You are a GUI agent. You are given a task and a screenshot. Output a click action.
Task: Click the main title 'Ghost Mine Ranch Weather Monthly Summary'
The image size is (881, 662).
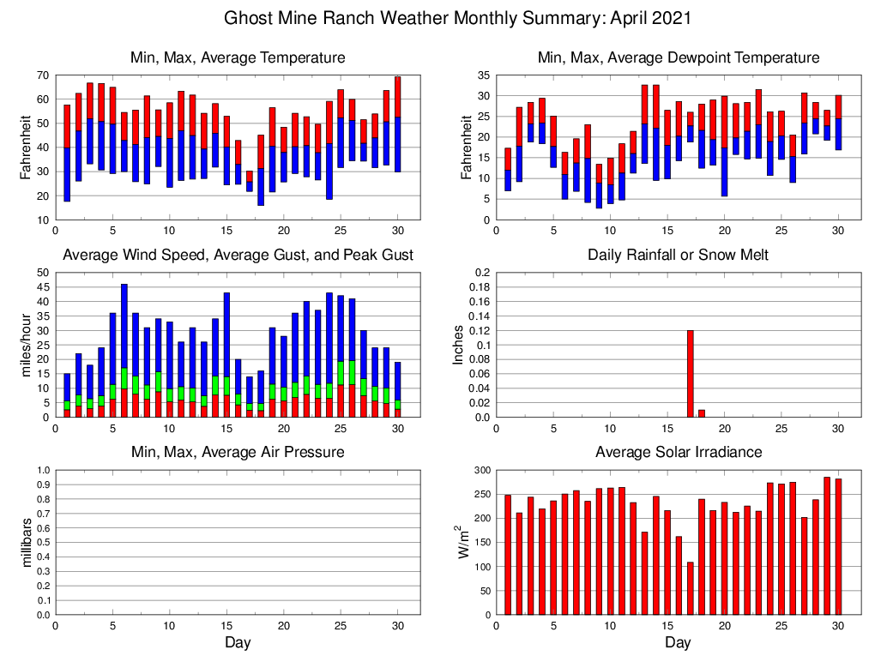[457, 18]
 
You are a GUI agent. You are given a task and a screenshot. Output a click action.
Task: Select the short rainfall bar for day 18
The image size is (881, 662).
[702, 413]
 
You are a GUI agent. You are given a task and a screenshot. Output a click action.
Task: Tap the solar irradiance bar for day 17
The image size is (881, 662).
[691, 588]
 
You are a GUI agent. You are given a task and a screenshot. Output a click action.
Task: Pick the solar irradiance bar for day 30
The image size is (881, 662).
[839, 546]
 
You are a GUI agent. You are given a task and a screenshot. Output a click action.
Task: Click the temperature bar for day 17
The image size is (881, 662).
[250, 181]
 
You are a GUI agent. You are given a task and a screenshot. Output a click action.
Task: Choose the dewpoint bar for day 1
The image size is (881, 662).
[508, 169]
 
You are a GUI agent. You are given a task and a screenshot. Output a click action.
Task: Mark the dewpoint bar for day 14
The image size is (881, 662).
[656, 132]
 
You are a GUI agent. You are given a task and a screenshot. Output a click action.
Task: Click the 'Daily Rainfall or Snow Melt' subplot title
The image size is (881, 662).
[678, 255]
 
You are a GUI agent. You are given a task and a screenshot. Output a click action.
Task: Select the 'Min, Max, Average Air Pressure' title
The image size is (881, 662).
[238, 452]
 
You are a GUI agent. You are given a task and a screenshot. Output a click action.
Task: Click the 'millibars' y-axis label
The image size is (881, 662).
[27, 542]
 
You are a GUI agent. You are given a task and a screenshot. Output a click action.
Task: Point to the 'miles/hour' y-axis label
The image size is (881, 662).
[27, 345]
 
